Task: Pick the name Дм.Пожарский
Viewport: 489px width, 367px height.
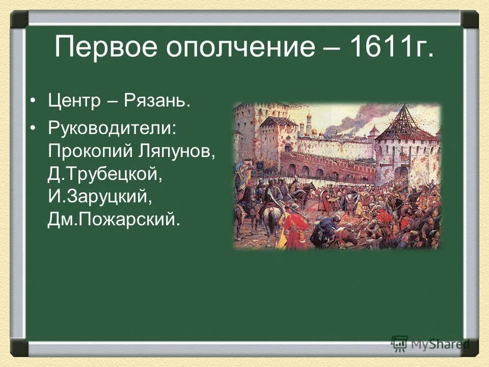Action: tap(114, 220)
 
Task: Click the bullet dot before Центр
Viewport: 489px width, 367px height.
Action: tap(34, 100)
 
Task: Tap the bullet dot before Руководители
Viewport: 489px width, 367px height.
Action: tap(34, 128)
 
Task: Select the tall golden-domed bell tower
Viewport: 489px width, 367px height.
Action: tap(309, 125)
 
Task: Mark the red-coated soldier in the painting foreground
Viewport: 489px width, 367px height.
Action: tap(295, 227)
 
